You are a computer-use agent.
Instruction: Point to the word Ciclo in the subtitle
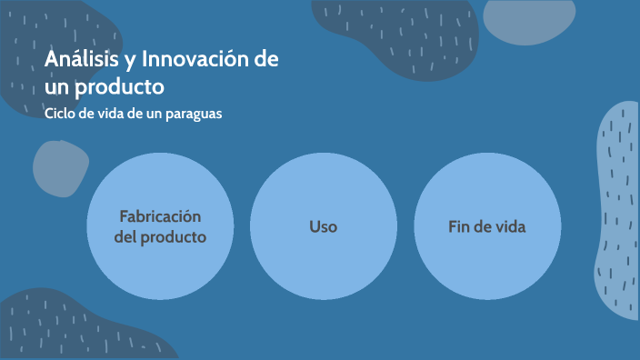61,115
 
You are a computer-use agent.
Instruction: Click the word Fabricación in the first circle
160,216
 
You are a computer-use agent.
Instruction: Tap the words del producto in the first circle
160,237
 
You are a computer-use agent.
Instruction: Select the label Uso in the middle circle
323,226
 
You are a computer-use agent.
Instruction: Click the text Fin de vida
486,226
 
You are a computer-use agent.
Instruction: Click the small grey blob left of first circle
61,169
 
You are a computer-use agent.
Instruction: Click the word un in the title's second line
58,87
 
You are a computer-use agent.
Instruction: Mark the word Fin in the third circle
458,226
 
